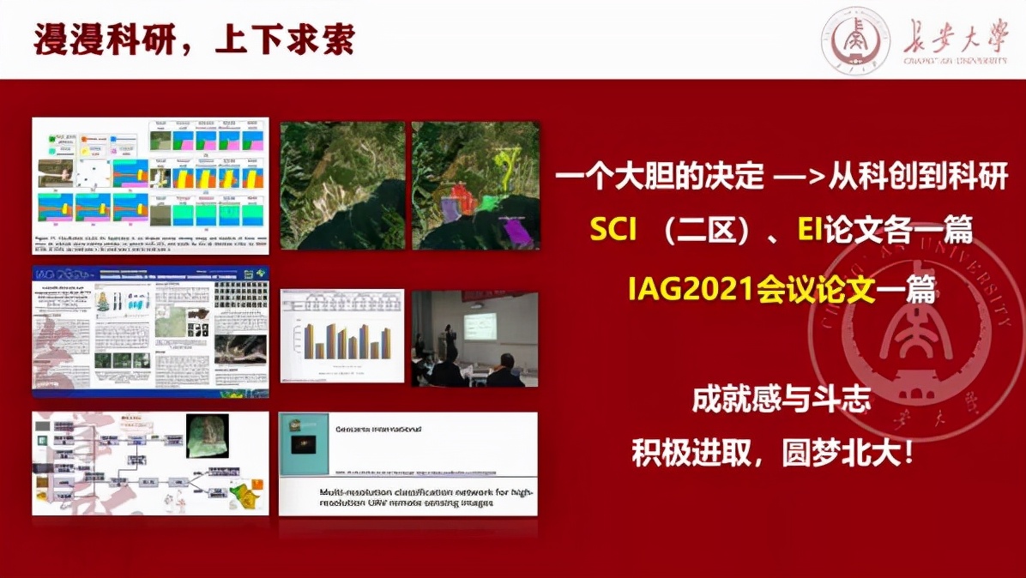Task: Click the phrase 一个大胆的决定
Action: click(659, 178)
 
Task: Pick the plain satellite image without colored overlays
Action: click(341, 185)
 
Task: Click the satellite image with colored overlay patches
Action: click(475, 185)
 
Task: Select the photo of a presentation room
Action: click(475, 339)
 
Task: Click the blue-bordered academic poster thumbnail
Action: click(150, 331)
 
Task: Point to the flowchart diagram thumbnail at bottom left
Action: click(150, 463)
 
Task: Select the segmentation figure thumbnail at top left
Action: click(150, 185)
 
